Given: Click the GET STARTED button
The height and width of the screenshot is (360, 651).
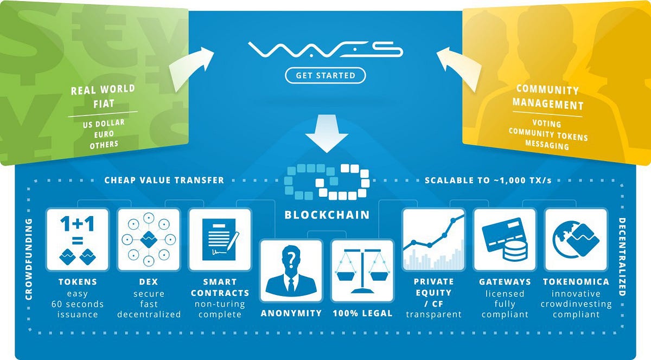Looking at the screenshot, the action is [325, 75].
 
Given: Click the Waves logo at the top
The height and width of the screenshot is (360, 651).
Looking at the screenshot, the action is [325, 49].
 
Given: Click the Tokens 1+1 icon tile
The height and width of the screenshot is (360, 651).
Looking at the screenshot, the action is [77, 240].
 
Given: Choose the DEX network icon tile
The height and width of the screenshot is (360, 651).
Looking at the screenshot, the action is [149, 240].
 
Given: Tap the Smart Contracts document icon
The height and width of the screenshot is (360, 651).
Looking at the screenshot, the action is [220, 240].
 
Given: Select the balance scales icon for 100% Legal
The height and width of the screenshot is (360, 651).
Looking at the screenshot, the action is [362, 271].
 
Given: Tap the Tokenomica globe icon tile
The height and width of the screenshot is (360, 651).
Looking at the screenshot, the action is [576, 240].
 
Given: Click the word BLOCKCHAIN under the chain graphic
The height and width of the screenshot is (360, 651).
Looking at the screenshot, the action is [327, 215].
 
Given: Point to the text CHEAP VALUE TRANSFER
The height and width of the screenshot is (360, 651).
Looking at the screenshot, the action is [164, 180].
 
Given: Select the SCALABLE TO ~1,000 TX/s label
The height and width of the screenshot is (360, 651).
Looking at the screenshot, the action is [488, 181].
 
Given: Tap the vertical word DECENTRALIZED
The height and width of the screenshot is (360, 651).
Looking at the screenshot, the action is [622, 257].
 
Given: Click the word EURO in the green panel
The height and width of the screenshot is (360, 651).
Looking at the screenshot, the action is [104, 134].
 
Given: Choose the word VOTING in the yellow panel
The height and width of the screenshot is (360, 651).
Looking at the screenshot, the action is [547, 124].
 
